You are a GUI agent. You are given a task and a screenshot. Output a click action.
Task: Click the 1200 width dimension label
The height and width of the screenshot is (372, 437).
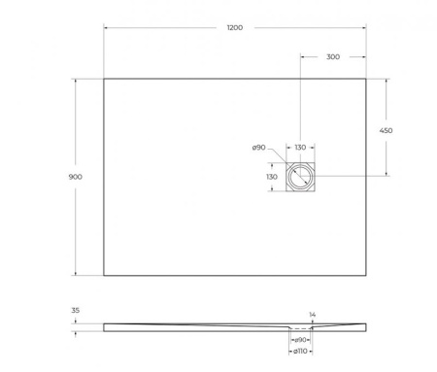(x=234, y=28)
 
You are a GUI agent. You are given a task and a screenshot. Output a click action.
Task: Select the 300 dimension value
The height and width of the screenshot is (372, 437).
(x=333, y=57)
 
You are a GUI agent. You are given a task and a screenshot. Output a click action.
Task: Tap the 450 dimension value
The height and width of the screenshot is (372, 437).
(x=386, y=129)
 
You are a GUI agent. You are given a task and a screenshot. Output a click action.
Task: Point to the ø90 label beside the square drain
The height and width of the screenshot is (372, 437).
(x=259, y=148)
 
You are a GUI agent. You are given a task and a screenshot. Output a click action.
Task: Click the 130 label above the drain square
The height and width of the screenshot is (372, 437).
(x=300, y=148)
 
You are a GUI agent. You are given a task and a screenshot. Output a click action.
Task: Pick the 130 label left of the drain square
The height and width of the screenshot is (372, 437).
(x=272, y=178)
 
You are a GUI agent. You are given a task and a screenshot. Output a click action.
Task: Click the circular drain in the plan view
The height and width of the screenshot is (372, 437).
(x=300, y=177)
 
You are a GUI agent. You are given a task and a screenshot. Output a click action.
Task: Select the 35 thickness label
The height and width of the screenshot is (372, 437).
(x=77, y=312)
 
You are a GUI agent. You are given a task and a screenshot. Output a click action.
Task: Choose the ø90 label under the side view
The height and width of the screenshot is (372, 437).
(x=301, y=339)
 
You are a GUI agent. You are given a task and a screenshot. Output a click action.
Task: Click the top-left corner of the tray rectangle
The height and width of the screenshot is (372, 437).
(x=104, y=79)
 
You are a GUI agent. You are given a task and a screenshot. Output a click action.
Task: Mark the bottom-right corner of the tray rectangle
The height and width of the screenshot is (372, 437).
(x=367, y=275)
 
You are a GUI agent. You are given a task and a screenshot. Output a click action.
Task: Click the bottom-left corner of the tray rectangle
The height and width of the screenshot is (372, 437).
(x=104, y=275)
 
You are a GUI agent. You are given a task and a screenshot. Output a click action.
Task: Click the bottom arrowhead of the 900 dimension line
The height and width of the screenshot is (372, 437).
(x=76, y=273)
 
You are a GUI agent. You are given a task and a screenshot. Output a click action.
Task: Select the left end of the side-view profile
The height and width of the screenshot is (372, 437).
(x=105, y=326)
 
